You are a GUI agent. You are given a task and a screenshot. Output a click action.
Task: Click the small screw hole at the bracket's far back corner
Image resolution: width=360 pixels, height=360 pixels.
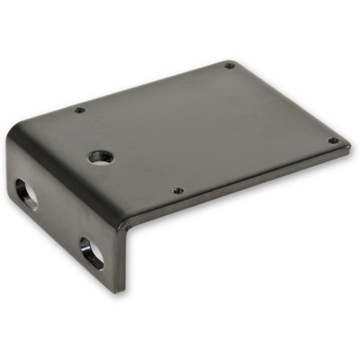[x=229, y=66]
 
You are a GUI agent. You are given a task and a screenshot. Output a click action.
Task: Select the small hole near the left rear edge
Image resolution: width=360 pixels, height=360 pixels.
[x=79, y=110]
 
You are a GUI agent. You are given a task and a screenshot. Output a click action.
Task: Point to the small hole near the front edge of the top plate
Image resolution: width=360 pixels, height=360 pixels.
[x=177, y=191]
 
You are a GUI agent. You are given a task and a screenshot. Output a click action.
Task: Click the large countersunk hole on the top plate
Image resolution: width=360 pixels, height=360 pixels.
[x=100, y=157]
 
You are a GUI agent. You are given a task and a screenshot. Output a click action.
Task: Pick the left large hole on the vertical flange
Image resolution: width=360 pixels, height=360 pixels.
[x=26, y=193]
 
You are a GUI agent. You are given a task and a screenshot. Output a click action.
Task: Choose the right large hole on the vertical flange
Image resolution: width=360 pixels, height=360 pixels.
[x=92, y=253]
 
